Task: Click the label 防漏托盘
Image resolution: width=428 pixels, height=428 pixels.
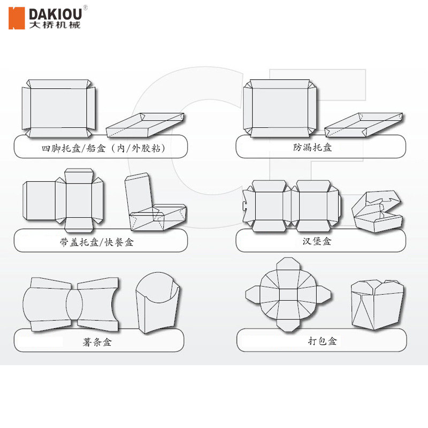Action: click(312, 147)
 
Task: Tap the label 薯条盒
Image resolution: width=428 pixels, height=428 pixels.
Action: click(97, 341)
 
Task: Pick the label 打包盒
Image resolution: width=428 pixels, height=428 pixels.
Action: click(322, 341)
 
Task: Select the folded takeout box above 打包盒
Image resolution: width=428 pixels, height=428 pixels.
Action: click(377, 304)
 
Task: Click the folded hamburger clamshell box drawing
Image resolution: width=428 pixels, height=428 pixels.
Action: click(377, 211)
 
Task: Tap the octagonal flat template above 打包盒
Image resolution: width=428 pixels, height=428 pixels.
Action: click(288, 294)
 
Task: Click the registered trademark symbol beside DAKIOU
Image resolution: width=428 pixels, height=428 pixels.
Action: click(86, 7)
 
